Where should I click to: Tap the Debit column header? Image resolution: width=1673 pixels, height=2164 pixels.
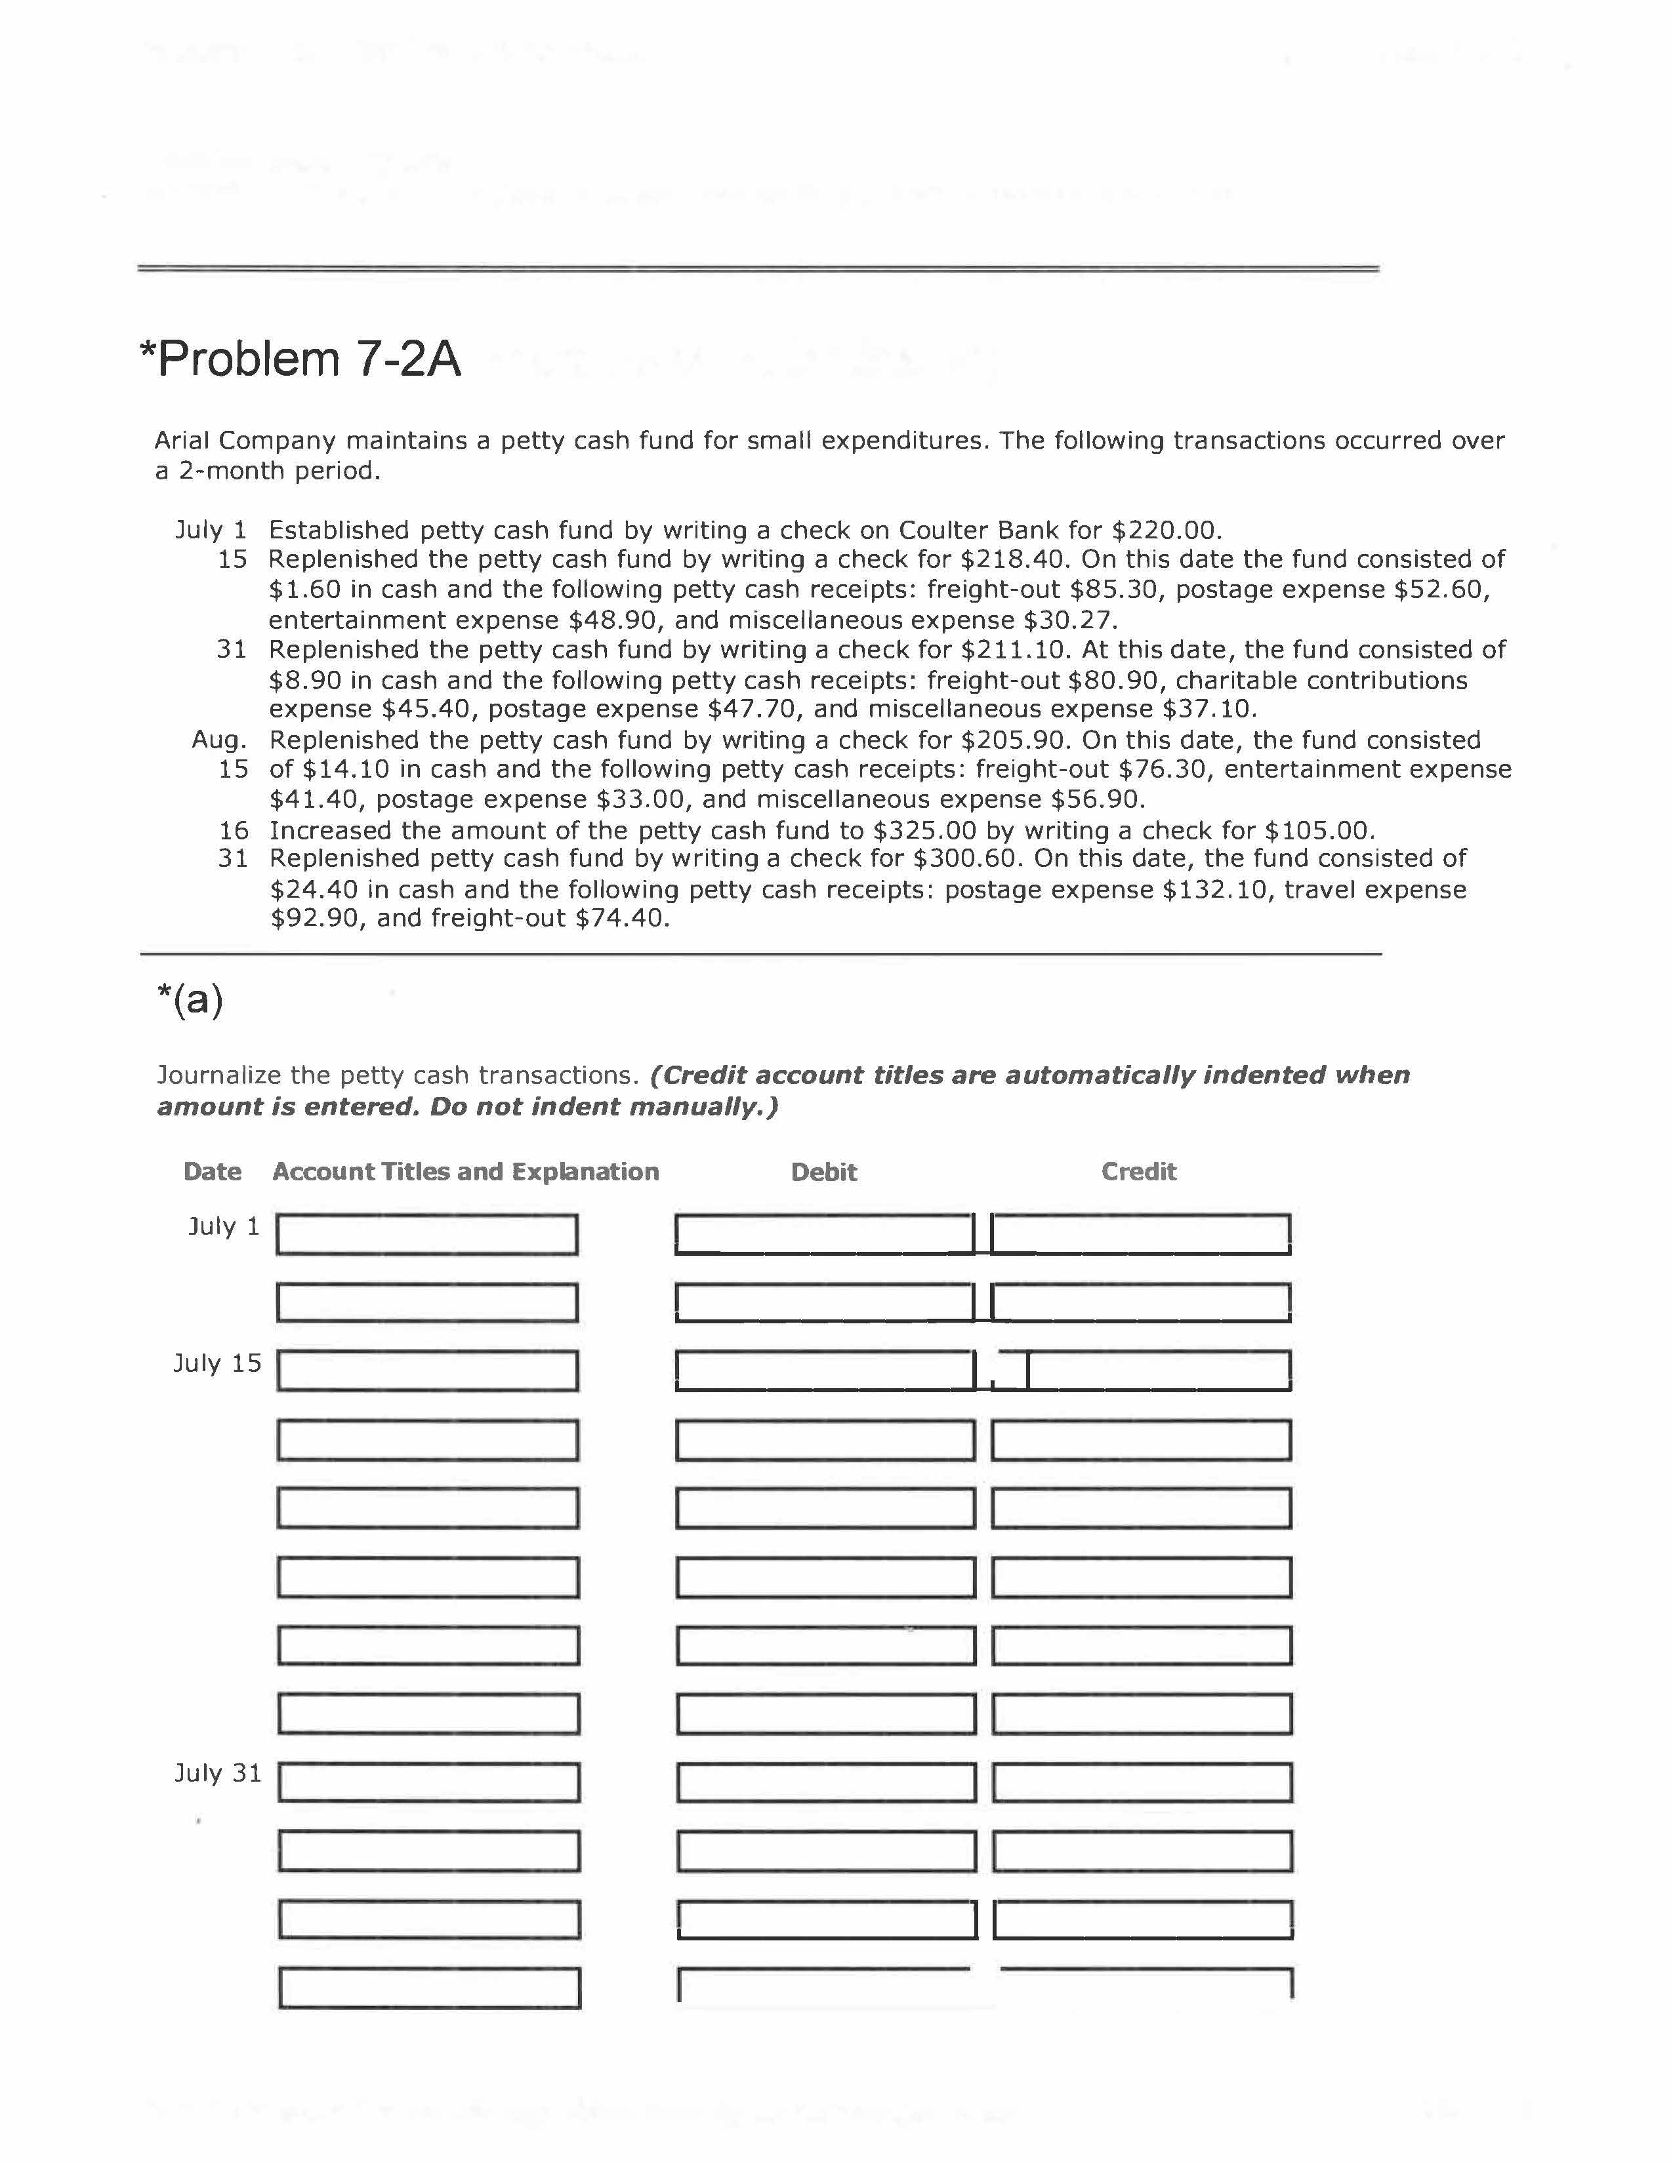pyautogui.click(x=823, y=1172)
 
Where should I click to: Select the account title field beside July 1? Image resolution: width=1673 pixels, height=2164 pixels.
pyautogui.click(x=427, y=1235)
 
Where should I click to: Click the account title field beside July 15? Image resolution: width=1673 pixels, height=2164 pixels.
pyautogui.click(x=427, y=1371)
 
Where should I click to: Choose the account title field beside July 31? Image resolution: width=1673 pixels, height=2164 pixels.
pyautogui.click(x=428, y=1782)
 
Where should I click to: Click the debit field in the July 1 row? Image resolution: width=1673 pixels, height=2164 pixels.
pyautogui.click(x=825, y=1235)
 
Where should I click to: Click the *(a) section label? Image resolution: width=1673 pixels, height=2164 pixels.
pyautogui.click(x=190, y=1000)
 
